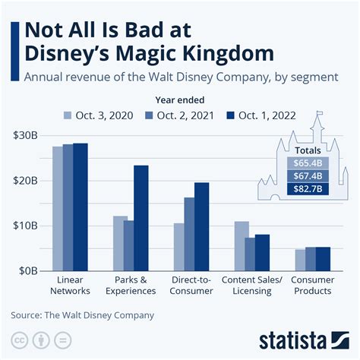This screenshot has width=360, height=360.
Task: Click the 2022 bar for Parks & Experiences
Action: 141,218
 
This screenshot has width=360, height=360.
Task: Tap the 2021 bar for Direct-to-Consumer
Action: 189,234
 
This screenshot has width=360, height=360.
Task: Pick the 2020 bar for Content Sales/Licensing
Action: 242,246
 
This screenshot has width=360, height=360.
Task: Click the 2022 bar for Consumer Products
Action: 324,258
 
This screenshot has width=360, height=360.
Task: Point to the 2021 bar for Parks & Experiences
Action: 129,245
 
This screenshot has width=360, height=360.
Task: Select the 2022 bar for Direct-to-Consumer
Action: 201,226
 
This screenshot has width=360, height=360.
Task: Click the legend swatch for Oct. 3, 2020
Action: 66,115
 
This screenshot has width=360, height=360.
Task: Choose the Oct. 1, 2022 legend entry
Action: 260,115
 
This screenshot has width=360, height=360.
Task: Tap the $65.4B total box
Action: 307,162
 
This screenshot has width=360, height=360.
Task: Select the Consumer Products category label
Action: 311,285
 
